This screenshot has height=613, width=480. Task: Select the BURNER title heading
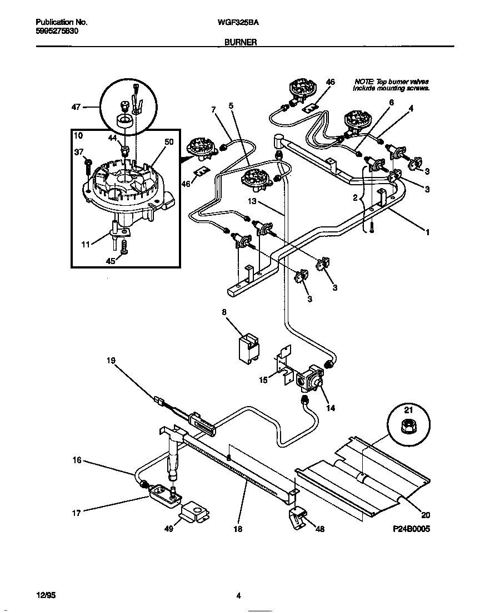coord(240,42)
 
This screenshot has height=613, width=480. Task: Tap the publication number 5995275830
coord(57,32)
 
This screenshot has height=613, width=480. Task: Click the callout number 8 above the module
coord(224,312)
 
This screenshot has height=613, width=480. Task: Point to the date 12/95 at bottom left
coord(46,596)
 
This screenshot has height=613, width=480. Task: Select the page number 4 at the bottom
coord(238,596)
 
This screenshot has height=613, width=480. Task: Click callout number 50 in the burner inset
coord(169,142)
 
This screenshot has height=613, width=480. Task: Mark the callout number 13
coord(252,201)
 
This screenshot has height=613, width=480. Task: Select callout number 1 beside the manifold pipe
coord(427,233)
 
